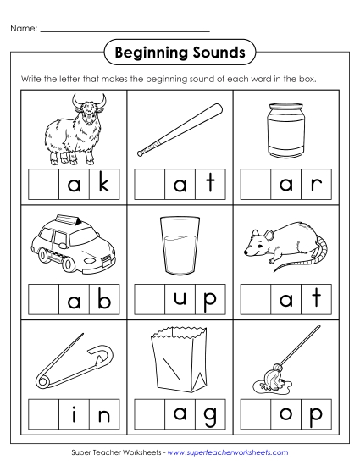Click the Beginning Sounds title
click(x=180, y=53)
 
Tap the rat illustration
click(x=284, y=246)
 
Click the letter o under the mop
click(x=285, y=415)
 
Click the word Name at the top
click(x=23, y=30)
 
